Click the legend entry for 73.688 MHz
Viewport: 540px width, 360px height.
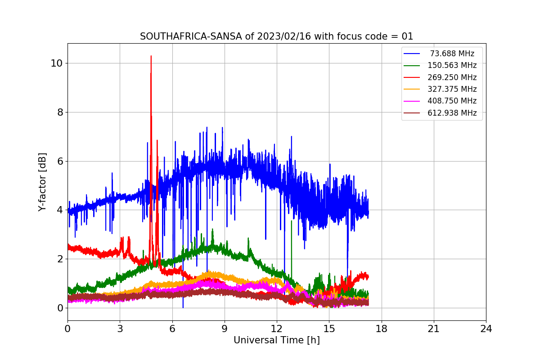pyautogui.click(x=452, y=54)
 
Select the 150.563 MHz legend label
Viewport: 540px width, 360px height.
pyautogui.click(x=452, y=65)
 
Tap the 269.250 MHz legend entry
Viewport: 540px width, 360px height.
pyautogui.click(x=452, y=77)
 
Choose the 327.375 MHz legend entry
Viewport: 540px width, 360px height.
pyautogui.click(x=452, y=89)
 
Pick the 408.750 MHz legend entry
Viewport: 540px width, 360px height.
pyautogui.click(x=452, y=101)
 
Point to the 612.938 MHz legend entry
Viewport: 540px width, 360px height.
pyautogui.click(x=452, y=113)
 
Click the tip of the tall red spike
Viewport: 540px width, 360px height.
pyautogui.click(x=151, y=56)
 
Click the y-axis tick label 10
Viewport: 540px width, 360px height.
pyautogui.click(x=56, y=63)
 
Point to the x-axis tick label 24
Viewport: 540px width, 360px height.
pyautogui.click(x=486, y=329)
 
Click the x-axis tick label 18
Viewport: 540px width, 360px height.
pyautogui.click(x=382, y=329)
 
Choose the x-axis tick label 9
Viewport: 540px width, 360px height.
pyautogui.click(x=225, y=329)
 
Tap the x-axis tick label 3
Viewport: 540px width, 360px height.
pyautogui.click(x=120, y=329)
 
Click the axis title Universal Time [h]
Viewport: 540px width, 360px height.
pyautogui.click(x=276, y=341)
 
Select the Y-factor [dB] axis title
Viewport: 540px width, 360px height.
pyautogui.click(x=42, y=182)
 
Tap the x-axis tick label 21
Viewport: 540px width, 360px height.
pyautogui.click(x=434, y=329)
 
